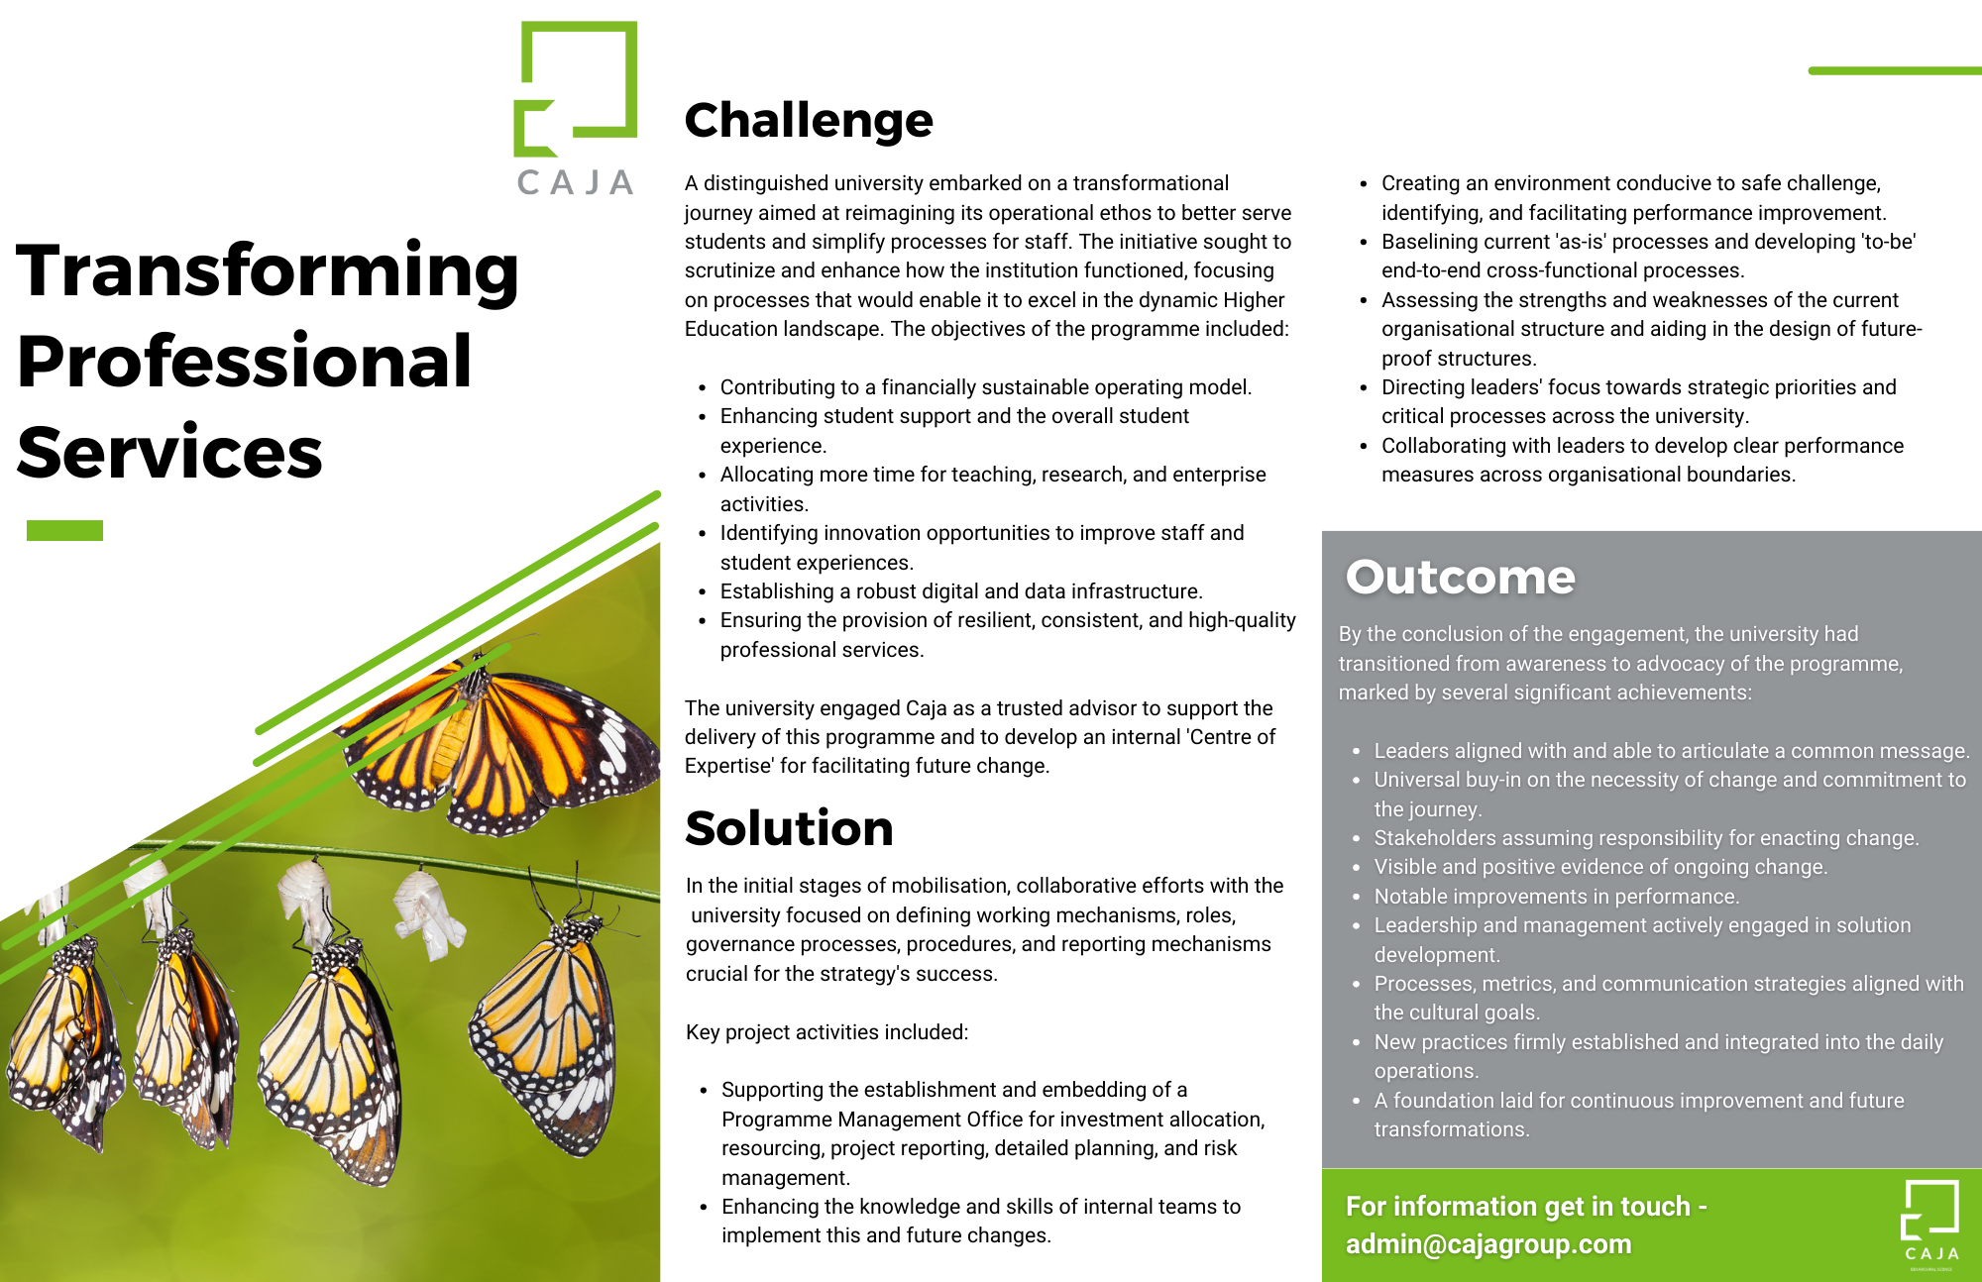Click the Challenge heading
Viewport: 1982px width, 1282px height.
pyautogui.click(x=809, y=121)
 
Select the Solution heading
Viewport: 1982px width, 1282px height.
pyautogui.click(x=789, y=828)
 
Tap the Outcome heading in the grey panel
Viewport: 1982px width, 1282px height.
pyautogui.click(x=1460, y=577)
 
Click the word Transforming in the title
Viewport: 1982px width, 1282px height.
pyautogui.click(x=268, y=272)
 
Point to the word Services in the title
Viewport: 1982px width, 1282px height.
pyautogui.click(x=169, y=452)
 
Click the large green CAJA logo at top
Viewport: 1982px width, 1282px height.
pyautogui.click(x=576, y=109)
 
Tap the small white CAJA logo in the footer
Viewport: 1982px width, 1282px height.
pyautogui.click(x=1930, y=1225)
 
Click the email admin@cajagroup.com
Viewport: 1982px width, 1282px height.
pyautogui.click(x=1488, y=1244)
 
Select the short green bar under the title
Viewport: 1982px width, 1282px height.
pyautogui.click(x=64, y=530)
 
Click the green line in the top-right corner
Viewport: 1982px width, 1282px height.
pyautogui.click(x=1895, y=70)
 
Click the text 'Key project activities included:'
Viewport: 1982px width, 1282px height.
pyautogui.click(x=826, y=1032)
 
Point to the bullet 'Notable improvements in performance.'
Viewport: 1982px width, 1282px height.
pyautogui.click(x=1556, y=897)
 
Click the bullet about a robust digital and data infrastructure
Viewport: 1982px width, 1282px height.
pyautogui.click(x=961, y=591)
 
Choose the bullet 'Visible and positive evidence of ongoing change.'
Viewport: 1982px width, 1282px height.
pyautogui.click(x=1600, y=867)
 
